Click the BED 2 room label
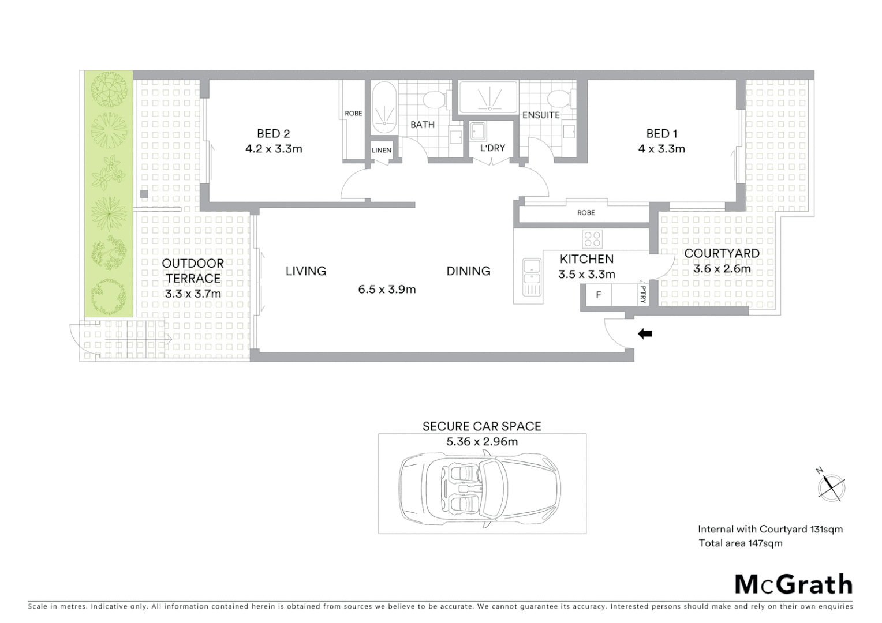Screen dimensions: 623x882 pos(273,134)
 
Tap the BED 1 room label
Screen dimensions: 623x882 pos(661,134)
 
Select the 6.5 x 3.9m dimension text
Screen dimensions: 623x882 pos(387,290)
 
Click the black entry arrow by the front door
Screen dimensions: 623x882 pos(645,334)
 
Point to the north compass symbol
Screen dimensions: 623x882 pos(831,486)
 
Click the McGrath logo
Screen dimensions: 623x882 pos(793,584)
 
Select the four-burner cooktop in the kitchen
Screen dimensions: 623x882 pos(592,238)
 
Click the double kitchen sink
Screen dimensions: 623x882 pos(530,277)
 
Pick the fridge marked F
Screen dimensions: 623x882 pos(598,295)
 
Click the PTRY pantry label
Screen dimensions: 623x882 pos(643,295)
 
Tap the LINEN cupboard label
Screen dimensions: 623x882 pos(382,151)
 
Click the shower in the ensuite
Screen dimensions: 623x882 pos(489,97)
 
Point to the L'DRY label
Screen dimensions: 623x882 pos(492,148)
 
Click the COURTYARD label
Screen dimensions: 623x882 pos(722,253)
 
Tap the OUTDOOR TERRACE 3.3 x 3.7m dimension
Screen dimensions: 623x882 pos(193,294)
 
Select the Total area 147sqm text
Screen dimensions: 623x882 pos(740,543)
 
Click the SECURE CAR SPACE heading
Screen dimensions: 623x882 pos(481,426)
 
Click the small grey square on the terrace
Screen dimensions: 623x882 pos(144,194)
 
